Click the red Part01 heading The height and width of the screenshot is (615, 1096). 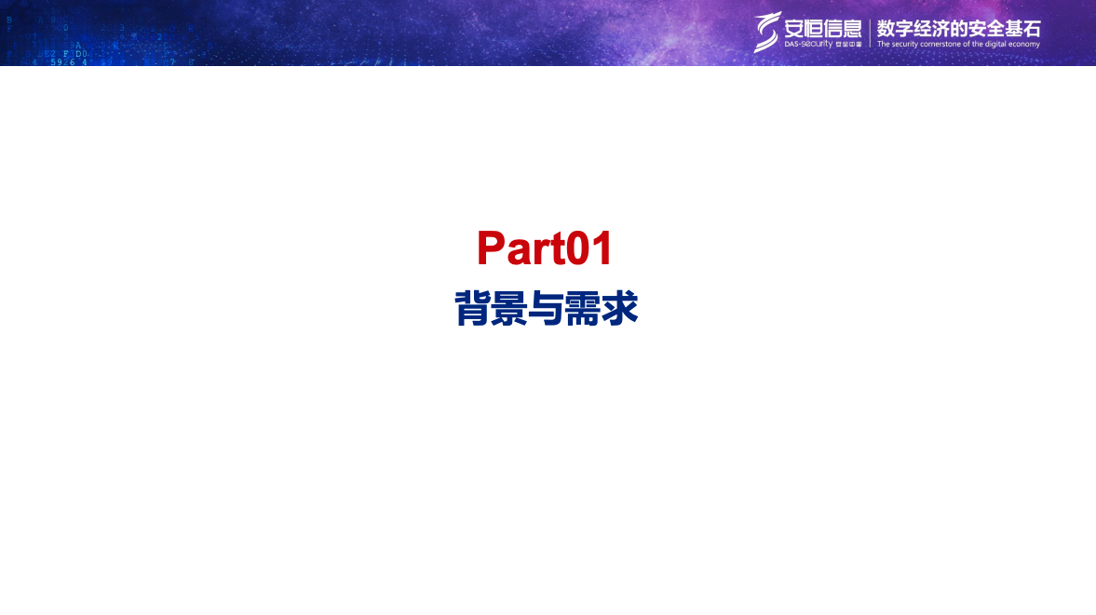coord(545,249)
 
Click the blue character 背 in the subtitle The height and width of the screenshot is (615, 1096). coord(472,309)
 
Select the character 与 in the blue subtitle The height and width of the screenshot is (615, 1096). coord(546,309)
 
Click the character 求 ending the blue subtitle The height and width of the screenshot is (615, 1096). coord(619,309)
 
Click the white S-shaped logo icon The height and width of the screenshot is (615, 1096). coord(767,32)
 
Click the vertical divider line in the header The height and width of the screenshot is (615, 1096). coord(870,33)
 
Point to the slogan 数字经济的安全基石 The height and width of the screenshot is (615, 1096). coord(958,27)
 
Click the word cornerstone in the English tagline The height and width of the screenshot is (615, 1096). coord(945,45)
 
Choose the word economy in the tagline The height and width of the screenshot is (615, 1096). coord(1022,45)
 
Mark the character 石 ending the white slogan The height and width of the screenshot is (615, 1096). coord(1031,27)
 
